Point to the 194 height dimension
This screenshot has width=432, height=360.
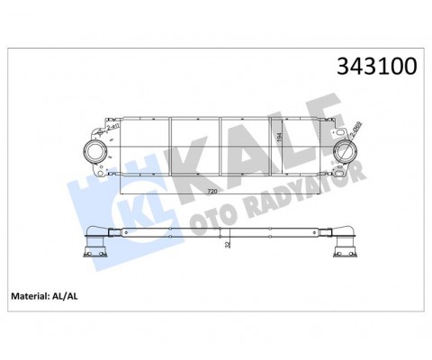pyautogui.click(x=280, y=135)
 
